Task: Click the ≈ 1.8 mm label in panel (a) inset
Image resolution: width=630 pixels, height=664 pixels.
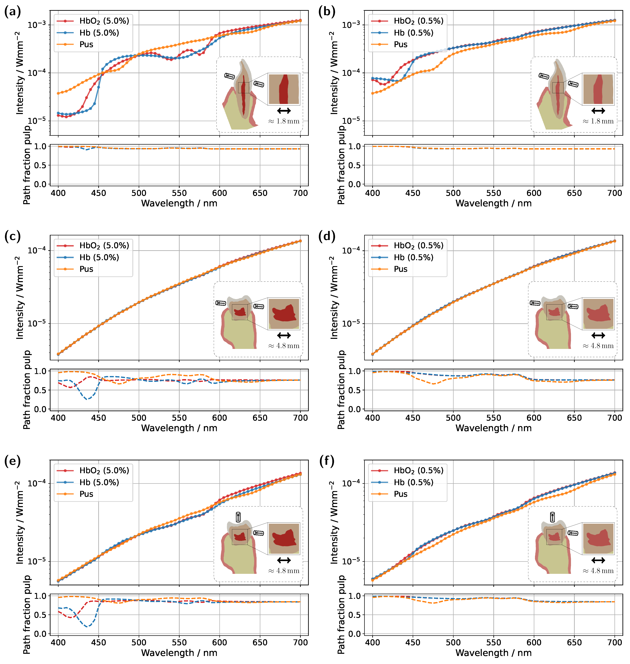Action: point(284,121)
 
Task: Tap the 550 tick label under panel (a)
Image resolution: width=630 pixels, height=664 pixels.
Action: point(179,193)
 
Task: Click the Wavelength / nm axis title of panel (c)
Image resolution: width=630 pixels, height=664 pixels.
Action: point(179,428)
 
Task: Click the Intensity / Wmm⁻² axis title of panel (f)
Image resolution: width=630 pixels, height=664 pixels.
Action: point(334,522)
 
